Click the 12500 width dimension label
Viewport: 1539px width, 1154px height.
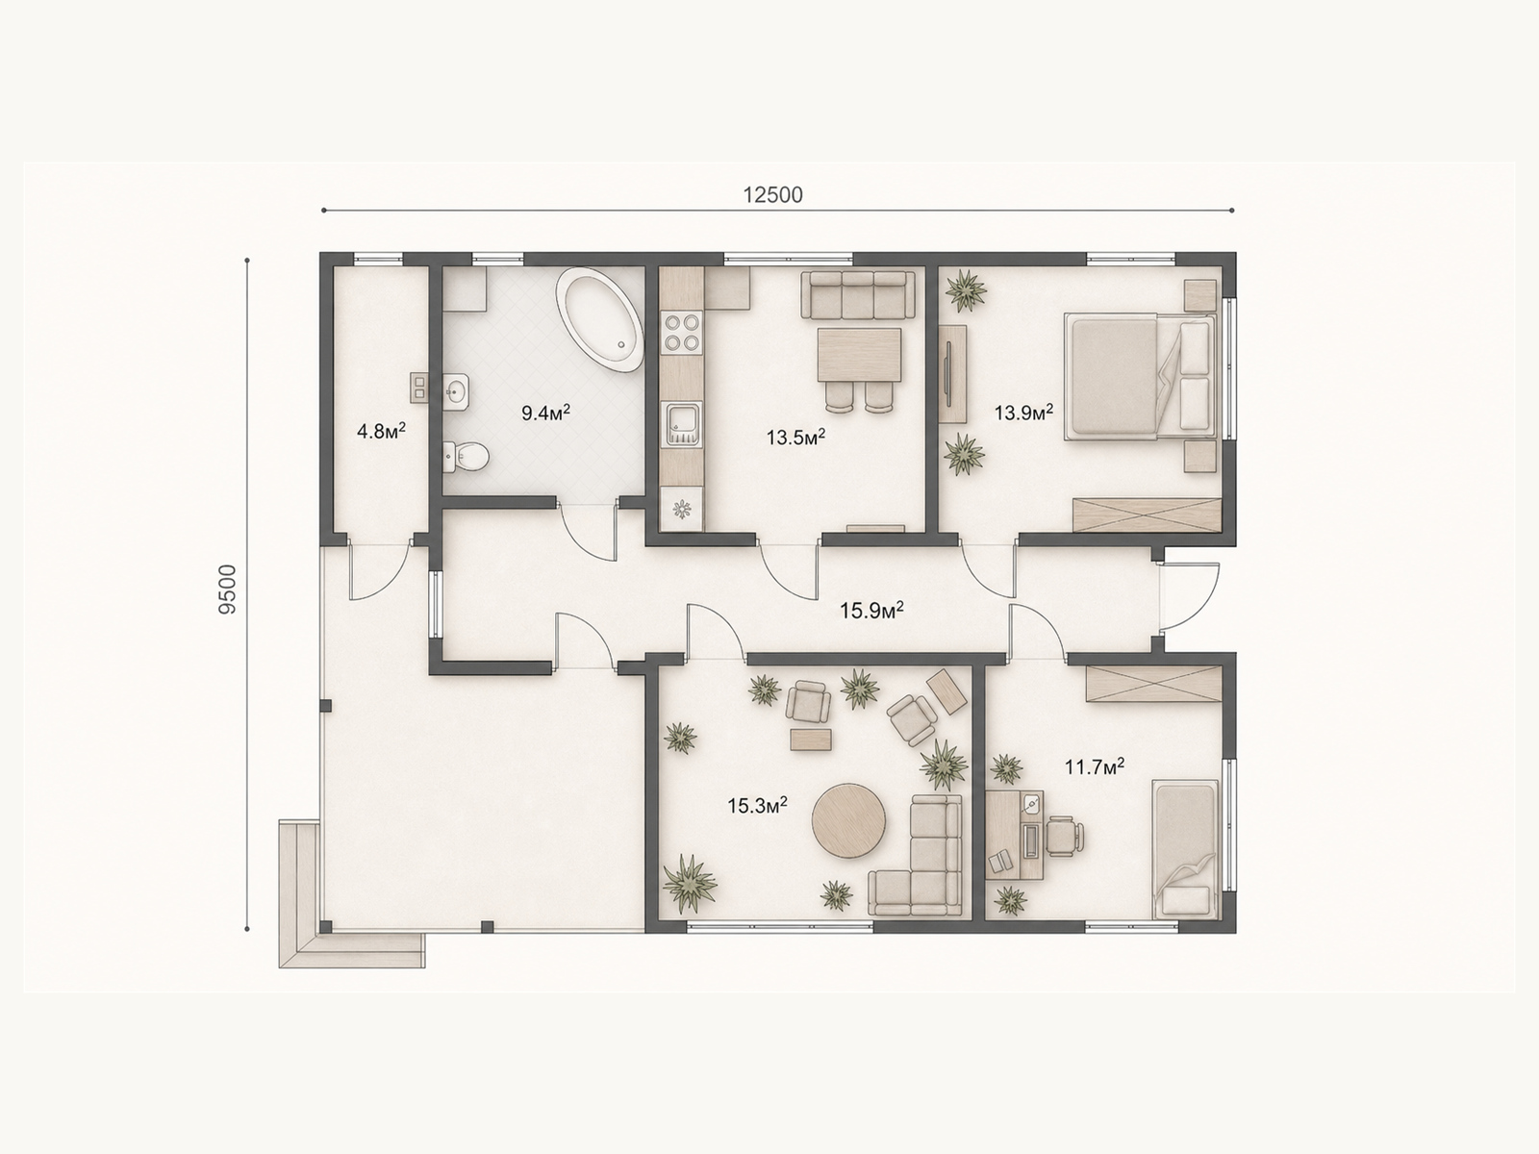[x=772, y=195]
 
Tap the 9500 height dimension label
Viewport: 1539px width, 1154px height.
[x=228, y=590]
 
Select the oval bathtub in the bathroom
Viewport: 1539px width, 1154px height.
[x=599, y=321]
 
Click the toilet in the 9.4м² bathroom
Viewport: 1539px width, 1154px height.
[x=466, y=457]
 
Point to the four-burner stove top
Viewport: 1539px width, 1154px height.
[x=682, y=333]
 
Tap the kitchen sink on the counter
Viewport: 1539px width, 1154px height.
[x=683, y=425]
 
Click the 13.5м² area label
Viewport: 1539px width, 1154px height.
[x=795, y=438]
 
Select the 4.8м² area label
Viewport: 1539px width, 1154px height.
[x=382, y=431]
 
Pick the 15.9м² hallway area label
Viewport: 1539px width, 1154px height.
[x=871, y=611]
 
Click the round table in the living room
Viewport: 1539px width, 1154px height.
[x=848, y=820]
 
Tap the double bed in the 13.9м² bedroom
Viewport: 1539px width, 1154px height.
[x=1140, y=376]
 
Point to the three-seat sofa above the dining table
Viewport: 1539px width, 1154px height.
[x=858, y=295]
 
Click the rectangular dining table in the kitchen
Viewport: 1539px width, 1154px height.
[x=860, y=354]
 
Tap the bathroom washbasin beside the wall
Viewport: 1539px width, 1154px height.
[x=457, y=389]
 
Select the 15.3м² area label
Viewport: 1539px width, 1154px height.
[x=757, y=805]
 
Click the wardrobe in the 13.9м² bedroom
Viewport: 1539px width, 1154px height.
[x=1148, y=515]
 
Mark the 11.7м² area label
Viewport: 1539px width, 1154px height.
[x=1095, y=766]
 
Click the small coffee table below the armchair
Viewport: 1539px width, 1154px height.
[x=811, y=740]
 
